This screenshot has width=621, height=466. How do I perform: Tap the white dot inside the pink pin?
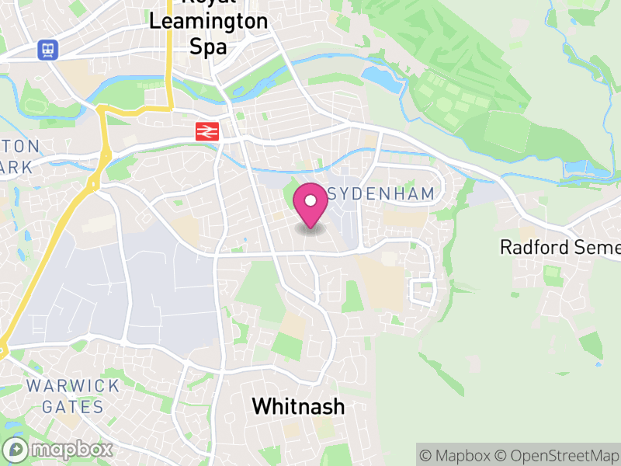click(x=310, y=200)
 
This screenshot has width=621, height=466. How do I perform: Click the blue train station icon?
click(x=48, y=50)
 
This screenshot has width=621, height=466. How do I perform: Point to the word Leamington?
click(x=208, y=23)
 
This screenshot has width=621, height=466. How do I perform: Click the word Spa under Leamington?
click(x=208, y=47)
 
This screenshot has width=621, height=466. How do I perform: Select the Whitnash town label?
click(x=298, y=405)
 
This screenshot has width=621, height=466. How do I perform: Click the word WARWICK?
click(x=73, y=386)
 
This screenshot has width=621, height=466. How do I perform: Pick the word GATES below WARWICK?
click(x=73, y=406)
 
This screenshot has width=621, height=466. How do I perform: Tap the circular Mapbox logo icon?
click(x=17, y=449)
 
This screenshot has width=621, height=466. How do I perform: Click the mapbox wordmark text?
click(x=71, y=449)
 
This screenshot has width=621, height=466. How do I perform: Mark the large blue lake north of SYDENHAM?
click(x=380, y=76)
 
